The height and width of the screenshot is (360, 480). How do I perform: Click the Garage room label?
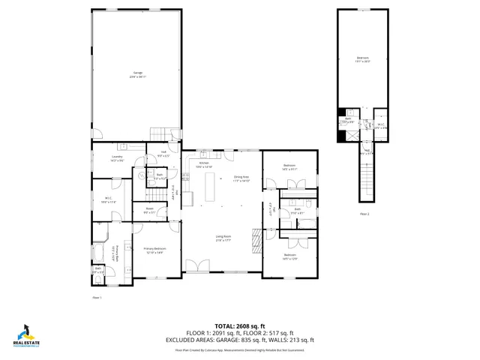136,73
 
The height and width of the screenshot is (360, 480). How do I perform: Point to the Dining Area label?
241,178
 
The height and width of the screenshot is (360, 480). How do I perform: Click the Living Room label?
223,238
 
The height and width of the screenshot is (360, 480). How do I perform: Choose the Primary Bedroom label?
154,250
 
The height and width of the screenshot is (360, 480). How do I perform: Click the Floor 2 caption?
364,214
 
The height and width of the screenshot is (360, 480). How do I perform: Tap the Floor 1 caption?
96,298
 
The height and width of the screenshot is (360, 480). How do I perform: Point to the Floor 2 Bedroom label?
363,60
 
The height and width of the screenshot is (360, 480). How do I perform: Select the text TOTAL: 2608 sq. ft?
240,325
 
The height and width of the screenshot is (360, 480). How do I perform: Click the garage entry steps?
157,133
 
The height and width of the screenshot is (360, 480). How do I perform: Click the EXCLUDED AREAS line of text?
240,340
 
